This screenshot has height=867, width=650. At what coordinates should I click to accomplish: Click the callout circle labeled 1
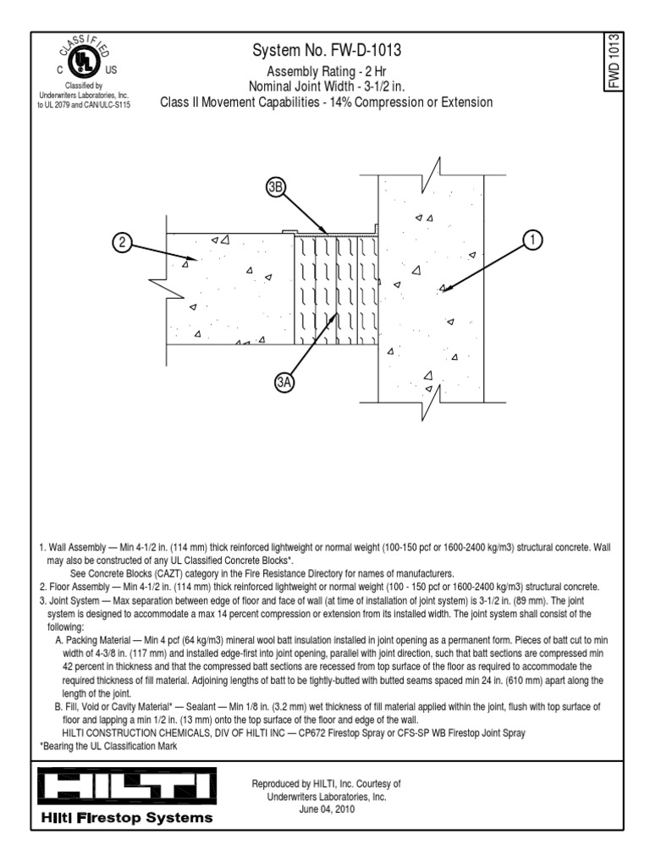click(532, 240)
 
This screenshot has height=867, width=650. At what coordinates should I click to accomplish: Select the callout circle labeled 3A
click(284, 384)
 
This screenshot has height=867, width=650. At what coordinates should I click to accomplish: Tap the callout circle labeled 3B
click(274, 188)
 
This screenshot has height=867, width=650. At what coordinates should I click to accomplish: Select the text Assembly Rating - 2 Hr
click(327, 72)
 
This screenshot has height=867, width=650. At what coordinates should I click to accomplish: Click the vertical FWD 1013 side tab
click(614, 60)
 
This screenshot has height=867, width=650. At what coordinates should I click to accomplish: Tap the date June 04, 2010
click(326, 809)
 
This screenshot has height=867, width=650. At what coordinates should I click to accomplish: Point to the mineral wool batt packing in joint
click(335, 288)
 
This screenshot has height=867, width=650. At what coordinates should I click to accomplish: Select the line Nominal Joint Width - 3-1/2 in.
click(327, 87)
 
